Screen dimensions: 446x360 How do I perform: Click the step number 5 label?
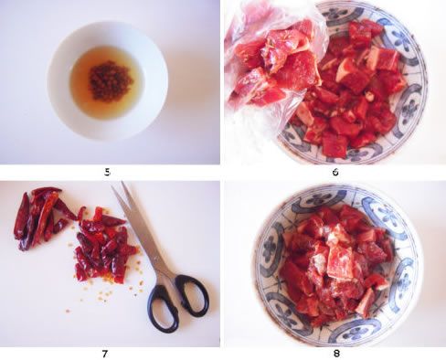107,173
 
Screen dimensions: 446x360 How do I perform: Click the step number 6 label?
335,173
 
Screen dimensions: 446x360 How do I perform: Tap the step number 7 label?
105,354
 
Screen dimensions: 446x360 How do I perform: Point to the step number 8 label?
336,354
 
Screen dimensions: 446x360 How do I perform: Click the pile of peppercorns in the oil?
111,80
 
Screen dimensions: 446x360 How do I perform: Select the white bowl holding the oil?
107,80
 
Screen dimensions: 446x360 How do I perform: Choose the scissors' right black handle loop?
192,294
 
